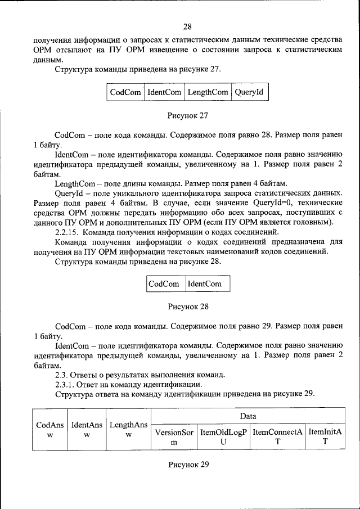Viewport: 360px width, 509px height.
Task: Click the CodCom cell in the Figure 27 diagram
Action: tap(125, 92)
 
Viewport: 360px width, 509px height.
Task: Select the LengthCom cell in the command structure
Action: tap(208, 92)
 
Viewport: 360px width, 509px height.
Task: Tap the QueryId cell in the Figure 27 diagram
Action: tap(249, 92)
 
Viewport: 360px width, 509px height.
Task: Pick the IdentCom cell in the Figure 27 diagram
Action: tap(164, 92)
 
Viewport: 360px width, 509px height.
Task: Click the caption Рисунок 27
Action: tap(188, 116)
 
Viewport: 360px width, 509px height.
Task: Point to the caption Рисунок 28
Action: tap(188, 307)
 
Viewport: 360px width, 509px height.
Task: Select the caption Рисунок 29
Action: tap(188, 465)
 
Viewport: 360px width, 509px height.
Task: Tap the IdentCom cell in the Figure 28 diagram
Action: tap(205, 284)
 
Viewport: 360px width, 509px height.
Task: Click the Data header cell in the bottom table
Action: tap(248, 417)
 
